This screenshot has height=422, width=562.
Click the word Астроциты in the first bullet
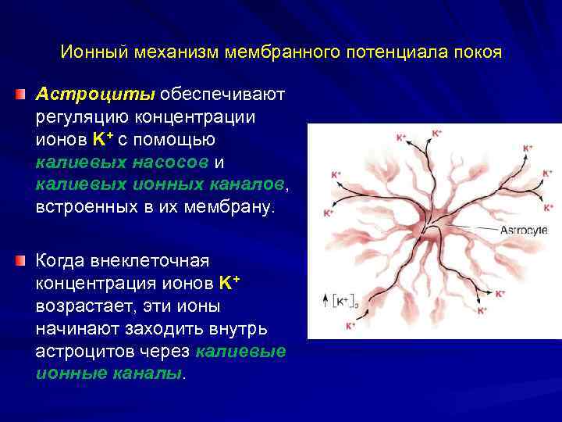[96, 95]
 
